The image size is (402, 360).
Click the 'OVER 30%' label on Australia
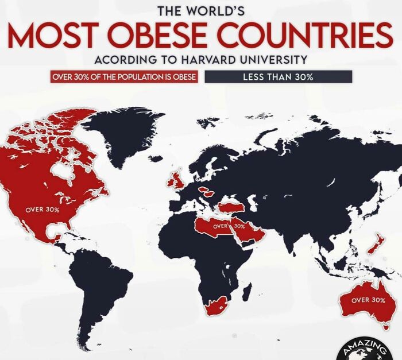368,300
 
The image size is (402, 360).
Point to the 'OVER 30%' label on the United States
42,210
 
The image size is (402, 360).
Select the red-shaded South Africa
216,305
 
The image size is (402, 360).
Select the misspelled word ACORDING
121,60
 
